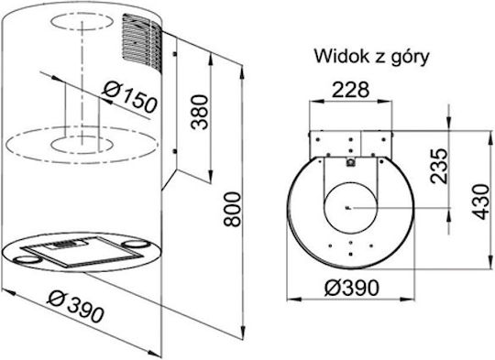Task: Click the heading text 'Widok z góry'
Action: pos(371,57)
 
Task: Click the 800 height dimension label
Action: pos(232,209)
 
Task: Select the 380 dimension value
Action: pos(201,112)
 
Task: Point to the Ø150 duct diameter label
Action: pos(130,97)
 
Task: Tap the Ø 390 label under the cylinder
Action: pos(75,307)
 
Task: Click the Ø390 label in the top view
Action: pos(351,288)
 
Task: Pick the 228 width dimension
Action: pos(351,90)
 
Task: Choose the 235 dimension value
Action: pos(439,166)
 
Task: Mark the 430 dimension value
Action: pos(480,202)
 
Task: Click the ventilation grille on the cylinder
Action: pos(142,42)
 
